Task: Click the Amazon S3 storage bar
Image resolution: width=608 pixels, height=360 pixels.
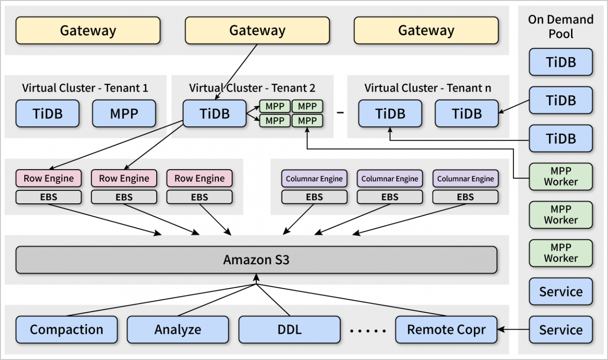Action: (256, 260)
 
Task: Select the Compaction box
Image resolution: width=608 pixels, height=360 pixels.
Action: (66, 330)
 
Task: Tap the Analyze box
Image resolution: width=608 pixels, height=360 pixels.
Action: (178, 330)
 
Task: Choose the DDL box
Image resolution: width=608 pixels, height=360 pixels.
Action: (290, 330)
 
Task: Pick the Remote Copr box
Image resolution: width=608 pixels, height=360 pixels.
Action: (446, 330)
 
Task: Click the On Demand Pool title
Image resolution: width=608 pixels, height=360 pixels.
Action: (561, 27)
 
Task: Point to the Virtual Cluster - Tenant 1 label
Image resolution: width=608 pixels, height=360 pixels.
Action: (86, 88)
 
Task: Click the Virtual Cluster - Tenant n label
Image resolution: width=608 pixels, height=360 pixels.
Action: (427, 88)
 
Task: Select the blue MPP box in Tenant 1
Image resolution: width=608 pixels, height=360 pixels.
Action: (124, 113)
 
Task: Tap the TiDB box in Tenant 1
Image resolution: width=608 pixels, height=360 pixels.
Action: (47, 113)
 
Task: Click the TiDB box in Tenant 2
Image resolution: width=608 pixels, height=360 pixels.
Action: (214, 113)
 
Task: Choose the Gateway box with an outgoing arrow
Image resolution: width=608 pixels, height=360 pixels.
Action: (257, 31)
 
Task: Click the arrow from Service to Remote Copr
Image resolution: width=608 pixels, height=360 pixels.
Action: (514, 330)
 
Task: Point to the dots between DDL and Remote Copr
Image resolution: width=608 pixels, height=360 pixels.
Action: (368, 331)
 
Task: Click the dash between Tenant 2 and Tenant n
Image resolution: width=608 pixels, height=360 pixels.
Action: (341, 113)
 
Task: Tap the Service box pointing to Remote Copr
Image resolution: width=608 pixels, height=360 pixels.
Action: (561, 330)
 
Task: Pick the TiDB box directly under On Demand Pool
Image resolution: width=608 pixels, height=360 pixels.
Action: (561, 62)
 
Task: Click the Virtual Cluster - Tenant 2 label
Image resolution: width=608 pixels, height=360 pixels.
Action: (252, 88)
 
